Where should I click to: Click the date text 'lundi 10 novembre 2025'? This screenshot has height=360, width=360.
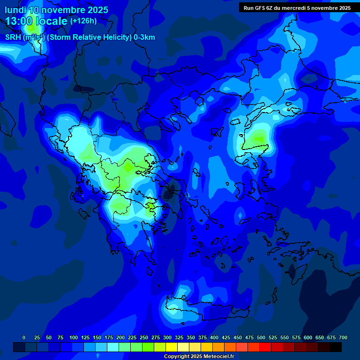pyautogui.click(x=57, y=10)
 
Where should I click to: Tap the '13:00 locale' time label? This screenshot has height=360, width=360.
pyautogui.click(x=37, y=21)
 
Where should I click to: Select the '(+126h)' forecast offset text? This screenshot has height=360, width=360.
pyautogui.click(x=83, y=21)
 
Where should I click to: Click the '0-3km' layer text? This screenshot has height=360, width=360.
pyautogui.click(x=144, y=37)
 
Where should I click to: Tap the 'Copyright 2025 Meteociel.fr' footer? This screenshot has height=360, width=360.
pyautogui.click(x=198, y=356)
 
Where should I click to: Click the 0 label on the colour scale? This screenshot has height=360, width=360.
pyautogui.click(x=24, y=337)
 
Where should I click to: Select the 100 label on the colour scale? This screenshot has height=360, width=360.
pyautogui.click(x=74, y=337)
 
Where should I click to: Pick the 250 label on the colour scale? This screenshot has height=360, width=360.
pyautogui.click(x=144, y=337)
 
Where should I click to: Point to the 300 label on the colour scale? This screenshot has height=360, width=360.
pyautogui.click(x=167, y=337)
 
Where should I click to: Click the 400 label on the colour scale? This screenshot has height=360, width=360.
pyautogui.click(x=214, y=337)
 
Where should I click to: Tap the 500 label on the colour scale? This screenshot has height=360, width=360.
pyautogui.click(x=261, y=337)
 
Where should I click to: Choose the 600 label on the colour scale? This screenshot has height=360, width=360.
pyautogui.click(x=308, y=337)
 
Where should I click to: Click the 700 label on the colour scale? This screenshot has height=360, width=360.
pyautogui.click(x=343, y=337)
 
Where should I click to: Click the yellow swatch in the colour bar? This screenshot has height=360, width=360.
pyautogui.click(x=172, y=347)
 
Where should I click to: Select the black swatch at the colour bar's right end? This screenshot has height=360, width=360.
pyautogui.click(x=336, y=347)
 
